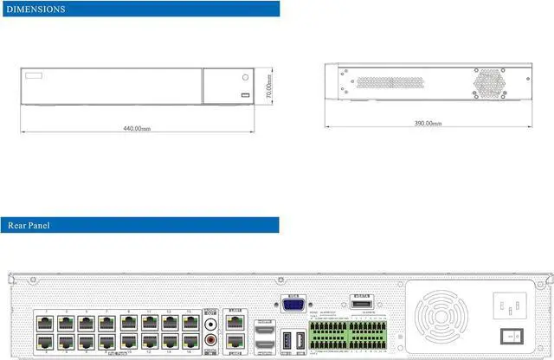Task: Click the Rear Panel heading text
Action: click(29, 225)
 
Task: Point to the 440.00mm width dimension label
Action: click(136, 128)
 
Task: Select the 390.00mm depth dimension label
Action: click(428, 124)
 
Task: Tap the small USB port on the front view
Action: click(245, 94)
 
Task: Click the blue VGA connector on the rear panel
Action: click(292, 304)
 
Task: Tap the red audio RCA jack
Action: click(212, 342)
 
